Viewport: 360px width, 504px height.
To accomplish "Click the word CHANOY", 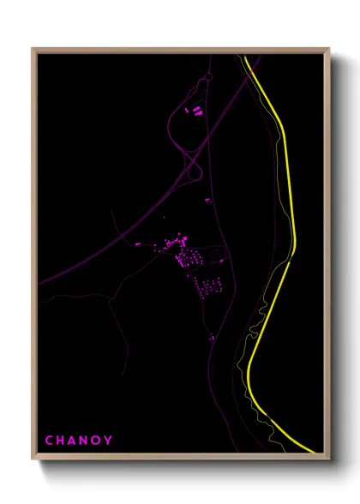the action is click(78, 441).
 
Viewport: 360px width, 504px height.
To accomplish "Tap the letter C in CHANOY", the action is click(49, 441).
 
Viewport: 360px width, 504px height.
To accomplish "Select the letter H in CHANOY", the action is click(61, 441).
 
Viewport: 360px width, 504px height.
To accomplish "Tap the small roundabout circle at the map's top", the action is click(207, 77).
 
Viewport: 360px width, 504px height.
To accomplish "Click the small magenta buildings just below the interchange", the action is click(207, 201).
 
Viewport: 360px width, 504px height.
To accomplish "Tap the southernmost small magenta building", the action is click(211, 338).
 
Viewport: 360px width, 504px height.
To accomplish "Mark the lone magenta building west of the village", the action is click(137, 244).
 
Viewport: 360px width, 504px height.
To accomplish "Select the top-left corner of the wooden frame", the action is click(33, 49).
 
